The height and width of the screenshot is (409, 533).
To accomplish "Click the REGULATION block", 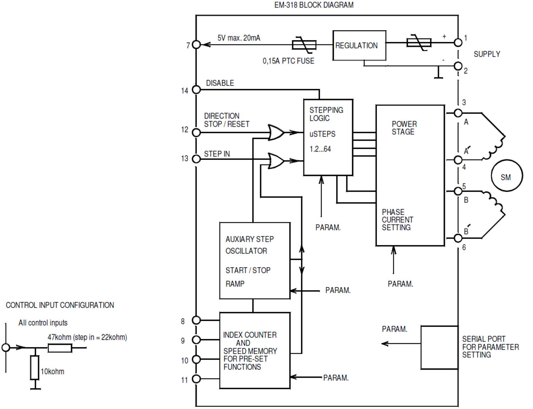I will (359, 45).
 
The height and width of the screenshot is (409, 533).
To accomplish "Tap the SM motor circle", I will (506, 176).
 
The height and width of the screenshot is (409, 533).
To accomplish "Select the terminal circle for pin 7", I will (196, 44).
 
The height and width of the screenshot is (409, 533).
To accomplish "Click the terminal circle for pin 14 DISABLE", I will (196, 90).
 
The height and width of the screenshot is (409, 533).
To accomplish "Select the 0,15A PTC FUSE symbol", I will (304, 45).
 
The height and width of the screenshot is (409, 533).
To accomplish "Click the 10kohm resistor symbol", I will (34, 367).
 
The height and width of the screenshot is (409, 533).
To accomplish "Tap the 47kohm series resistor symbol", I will (60, 348).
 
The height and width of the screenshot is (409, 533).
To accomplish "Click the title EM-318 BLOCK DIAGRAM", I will (314, 5).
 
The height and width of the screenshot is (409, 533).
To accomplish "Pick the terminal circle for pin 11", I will (196, 379).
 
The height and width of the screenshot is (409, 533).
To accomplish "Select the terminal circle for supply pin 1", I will (458, 43).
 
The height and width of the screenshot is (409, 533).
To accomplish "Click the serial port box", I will (439, 347).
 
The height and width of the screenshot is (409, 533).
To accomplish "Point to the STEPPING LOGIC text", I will (326, 114).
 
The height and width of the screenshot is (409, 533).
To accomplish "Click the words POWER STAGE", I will (404, 128).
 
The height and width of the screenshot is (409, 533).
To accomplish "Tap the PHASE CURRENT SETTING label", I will (397, 220).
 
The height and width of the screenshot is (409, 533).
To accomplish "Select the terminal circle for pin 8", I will (196, 320).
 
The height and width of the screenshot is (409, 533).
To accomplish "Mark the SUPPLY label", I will (486, 54).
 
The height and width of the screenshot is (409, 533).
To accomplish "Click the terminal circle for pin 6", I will (458, 238).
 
